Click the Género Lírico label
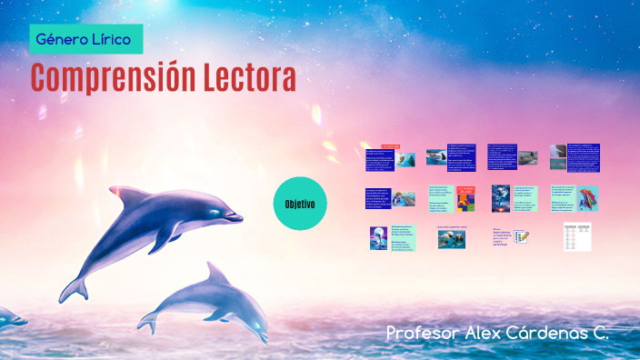84,39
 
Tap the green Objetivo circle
299,203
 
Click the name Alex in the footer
490,333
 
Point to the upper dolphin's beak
235,217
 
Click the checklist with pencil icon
522,237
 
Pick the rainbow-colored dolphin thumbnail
587,198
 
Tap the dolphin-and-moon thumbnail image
378,238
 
